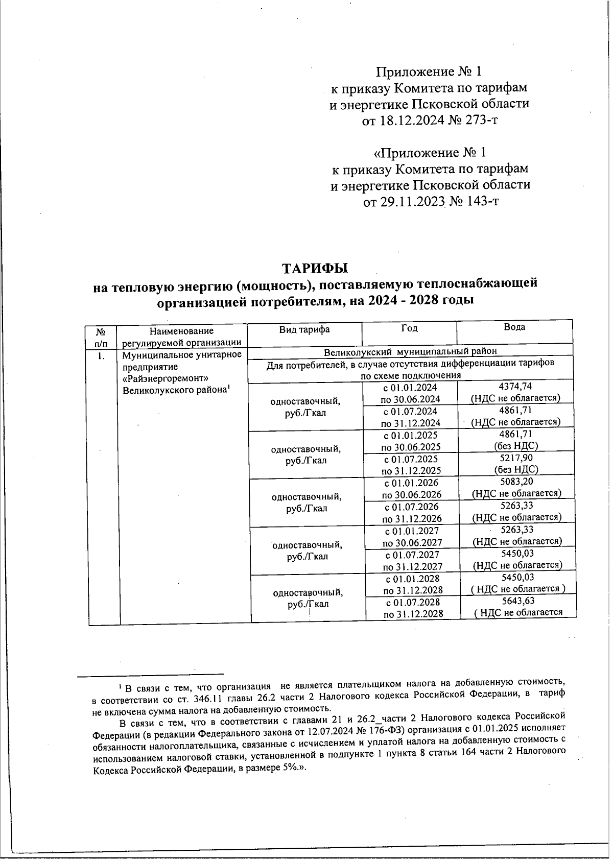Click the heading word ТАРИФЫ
tap(316, 268)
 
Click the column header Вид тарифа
tap(304, 329)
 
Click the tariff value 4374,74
tap(515, 387)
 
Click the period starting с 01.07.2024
tap(411, 411)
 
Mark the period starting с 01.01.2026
tap(411, 483)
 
